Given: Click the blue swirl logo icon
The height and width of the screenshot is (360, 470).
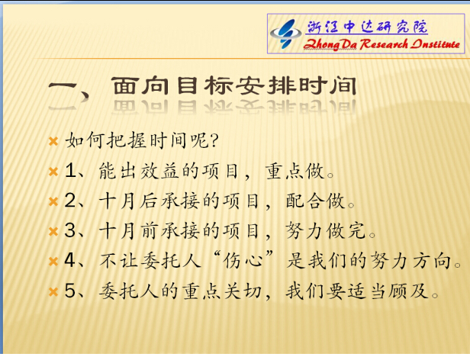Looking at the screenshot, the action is pyautogui.click(x=285, y=34).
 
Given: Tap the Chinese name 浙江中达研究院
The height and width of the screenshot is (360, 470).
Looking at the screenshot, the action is pyautogui.click(x=367, y=27).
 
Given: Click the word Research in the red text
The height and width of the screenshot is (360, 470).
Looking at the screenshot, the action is pyautogui.click(x=384, y=44).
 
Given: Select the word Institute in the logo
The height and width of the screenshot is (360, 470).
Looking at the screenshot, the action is pyautogui.click(x=435, y=44).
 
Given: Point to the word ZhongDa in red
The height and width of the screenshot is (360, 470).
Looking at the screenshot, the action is pyautogui.click(x=330, y=45).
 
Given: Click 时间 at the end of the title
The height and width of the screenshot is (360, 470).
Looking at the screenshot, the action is pyautogui.click(x=327, y=86).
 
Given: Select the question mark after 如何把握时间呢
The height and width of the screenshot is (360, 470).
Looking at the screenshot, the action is pyautogui.click(x=214, y=141).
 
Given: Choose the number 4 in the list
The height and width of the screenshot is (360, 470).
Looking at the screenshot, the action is pyautogui.click(x=70, y=260).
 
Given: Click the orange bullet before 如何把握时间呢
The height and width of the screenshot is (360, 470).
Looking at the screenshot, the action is pyautogui.click(x=53, y=141).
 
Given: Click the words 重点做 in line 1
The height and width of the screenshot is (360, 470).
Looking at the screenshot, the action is pyautogui.click(x=295, y=171).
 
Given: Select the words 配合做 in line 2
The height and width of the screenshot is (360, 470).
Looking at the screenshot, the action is pyautogui.click(x=315, y=201).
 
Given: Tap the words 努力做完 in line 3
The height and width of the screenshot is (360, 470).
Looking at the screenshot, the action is pyautogui.click(x=326, y=231).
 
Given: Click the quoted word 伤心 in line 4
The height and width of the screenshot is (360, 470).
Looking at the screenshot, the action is pyautogui.click(x=243, y=261).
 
